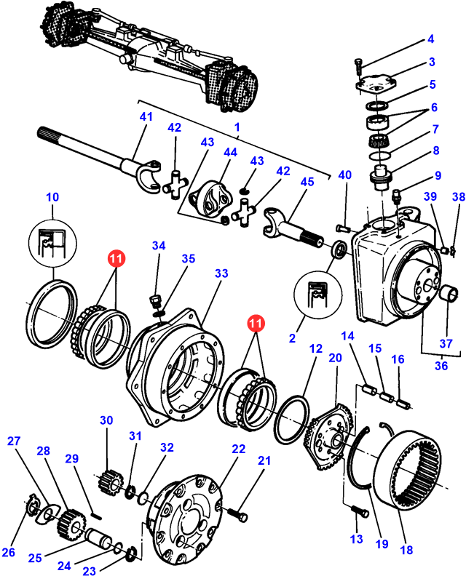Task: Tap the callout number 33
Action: (221, 273)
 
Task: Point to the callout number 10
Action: (52, 197)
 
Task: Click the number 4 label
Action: (430, 39)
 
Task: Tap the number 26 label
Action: (9, 552)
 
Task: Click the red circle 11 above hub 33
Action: (116, 257)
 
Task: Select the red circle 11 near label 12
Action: (256, 321)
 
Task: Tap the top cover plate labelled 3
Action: (376, 85)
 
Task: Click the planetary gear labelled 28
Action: (70, 520)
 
